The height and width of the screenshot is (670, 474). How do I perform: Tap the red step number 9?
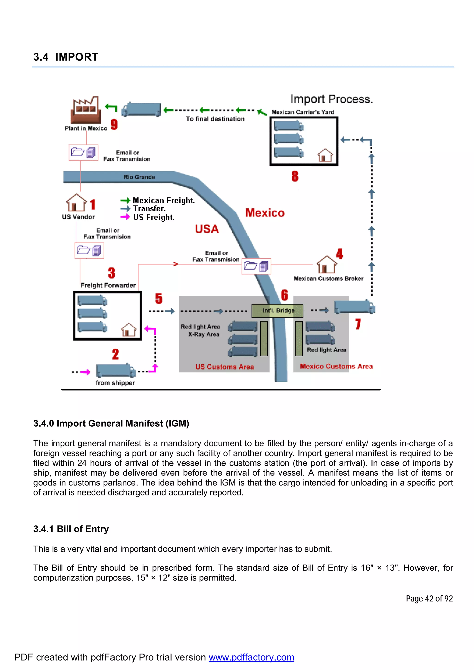pos(114,124)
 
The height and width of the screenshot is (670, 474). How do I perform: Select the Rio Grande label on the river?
pos(139,177)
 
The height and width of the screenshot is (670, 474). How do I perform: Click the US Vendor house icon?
pos(76,203)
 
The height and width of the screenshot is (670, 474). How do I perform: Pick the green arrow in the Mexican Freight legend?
pos(125,200)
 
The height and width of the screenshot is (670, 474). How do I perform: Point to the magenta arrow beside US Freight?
pos(125,217)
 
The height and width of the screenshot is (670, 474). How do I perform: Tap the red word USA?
pos(207,229)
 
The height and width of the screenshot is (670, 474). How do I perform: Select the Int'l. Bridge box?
pos(278,311)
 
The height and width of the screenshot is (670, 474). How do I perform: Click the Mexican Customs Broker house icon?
pos(327,265)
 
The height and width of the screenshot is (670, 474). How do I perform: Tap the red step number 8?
pos(295,176)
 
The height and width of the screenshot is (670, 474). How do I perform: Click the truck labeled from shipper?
pos(116,371)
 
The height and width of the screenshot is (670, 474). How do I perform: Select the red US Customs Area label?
pos(224,367)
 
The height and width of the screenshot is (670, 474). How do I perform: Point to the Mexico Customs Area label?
pos(336,366)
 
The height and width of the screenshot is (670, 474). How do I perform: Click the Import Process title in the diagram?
pos(331,99)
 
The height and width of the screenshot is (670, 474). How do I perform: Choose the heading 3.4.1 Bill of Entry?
pos(71,529)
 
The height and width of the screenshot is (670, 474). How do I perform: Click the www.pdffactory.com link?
pos(251,657)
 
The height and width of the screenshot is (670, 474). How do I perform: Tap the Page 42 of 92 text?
pos(429,599)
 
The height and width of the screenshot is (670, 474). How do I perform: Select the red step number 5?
pos(159,298)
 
